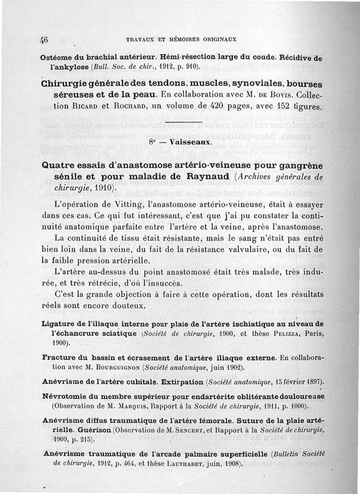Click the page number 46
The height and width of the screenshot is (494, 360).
coord(44,38)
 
